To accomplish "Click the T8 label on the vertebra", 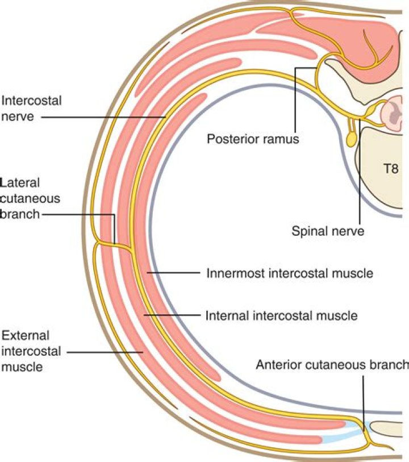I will click(x=390, y=169).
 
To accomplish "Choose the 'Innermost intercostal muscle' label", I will click(x=289, y=273).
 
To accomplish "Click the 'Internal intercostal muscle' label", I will click(x=281, y=315).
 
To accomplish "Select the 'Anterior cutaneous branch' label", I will click(x=331, y=364).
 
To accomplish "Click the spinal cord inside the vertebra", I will click(x=393, y=113).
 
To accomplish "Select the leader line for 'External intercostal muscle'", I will click(x=105, y=352).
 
